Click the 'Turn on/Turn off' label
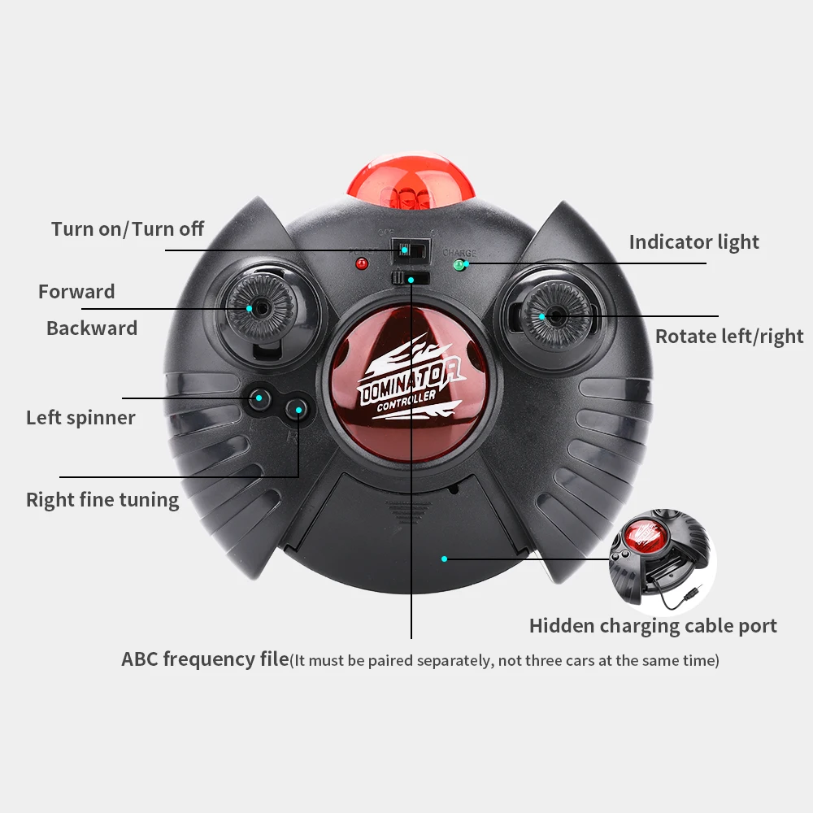coord(128,229)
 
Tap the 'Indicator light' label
coord(693,242)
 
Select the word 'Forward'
coord(76,291)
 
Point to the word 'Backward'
coord(92,328)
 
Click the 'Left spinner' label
coord(80,418)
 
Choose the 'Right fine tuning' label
coord(102,499)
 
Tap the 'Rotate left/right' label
coord(729,337)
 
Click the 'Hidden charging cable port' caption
coord(653,626)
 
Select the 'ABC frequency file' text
coord(205,659)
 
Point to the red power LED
coord(361,264)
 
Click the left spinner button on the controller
coord(260,398)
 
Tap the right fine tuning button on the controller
coord(298,409)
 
